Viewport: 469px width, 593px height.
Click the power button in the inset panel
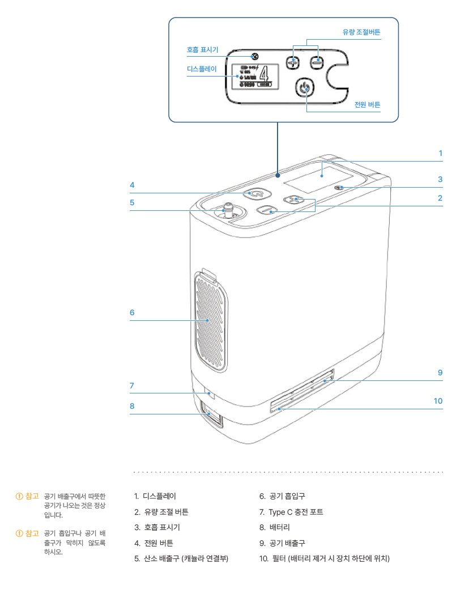coord(306,88)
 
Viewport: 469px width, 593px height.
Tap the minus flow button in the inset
coord(317,61)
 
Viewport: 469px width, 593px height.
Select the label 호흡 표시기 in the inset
coord(202,50)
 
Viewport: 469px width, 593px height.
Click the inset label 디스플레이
coord(202,68)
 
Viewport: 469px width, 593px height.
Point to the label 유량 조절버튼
coord(361,32)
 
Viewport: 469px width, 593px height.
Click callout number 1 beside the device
coord(440,153)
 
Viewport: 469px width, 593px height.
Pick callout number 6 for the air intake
coord(131,312)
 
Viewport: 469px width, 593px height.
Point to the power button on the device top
coord(256,193)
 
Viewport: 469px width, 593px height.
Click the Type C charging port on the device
coord(210,392)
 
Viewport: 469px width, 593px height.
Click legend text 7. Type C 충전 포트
coord(291,512)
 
